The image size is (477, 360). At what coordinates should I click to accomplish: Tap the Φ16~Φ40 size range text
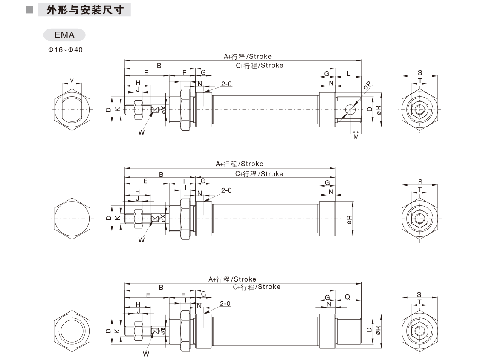pyautogui.click(x=65, y=50)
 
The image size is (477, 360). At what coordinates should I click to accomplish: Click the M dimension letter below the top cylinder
pyautogui.click(x=356, y=137)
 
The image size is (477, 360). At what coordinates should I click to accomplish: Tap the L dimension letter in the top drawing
pyautogui.click(x=349, y=74)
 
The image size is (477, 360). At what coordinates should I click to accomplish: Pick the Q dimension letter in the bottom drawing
pyautogui.click(x=347, y=297)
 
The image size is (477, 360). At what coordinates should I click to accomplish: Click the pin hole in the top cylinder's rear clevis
pyautogui.click(x=350, y=109)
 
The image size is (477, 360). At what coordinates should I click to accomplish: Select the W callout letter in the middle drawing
pyautogui.click(x=142, y=240)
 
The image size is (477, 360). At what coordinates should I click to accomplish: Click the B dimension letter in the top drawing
pyautogui.click(x=159, y=66)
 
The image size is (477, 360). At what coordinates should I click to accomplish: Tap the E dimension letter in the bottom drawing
pyautogui.click(x=148, y=295)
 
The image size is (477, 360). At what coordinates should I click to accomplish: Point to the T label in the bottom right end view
pyautogui.click(x=420, y=302)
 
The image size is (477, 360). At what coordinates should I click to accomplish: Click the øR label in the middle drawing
pyautogui.click(x=349, y=219)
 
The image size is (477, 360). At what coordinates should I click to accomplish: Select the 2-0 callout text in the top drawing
pyautogui.click(x=226, y=84)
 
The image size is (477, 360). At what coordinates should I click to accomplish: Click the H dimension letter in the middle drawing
pyautogui.click(x=138, y=192)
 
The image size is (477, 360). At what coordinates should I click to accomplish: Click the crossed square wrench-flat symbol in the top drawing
pyautogui.click(x=155, y=110)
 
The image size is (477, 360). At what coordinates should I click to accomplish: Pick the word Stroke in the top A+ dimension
pyautogui.click(x=260, y=56)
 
